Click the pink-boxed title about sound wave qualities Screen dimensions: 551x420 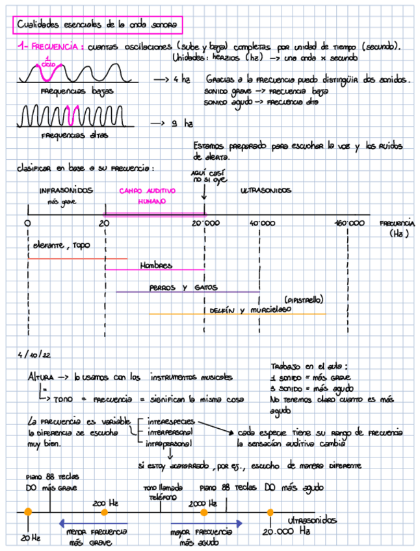(x=97, y=25)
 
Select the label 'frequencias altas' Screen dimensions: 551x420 (x=72, y=136)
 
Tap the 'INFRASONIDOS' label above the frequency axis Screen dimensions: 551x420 (x=66, y=191)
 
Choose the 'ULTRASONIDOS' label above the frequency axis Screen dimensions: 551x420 (x=266, y=191)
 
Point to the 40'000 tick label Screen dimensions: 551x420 (x=262, y=224)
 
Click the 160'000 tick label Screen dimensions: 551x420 (x=349, y=224)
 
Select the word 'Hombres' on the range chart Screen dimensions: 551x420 (x=156, y=265)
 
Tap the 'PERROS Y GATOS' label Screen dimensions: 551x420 (x=183, y=287)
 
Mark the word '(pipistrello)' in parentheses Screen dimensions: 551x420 (x=304, y=300)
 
